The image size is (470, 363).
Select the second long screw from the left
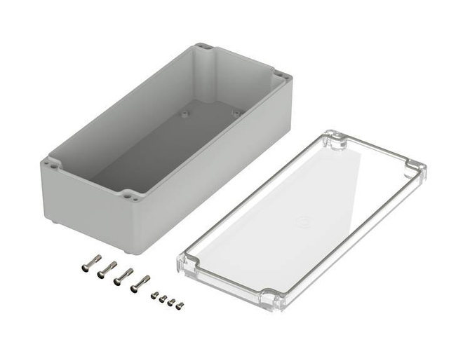107,269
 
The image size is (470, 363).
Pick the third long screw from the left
123,275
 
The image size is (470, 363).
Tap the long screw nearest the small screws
140,283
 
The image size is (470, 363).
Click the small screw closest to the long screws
154,296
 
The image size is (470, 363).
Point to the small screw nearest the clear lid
180,306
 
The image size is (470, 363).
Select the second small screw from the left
163,299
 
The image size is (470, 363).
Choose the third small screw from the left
171,302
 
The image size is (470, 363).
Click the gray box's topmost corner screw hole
204,48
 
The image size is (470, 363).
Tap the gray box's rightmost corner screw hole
281,75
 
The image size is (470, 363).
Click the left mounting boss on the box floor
185,112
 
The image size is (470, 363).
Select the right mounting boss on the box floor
236,111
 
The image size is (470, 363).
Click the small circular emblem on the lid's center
303,221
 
